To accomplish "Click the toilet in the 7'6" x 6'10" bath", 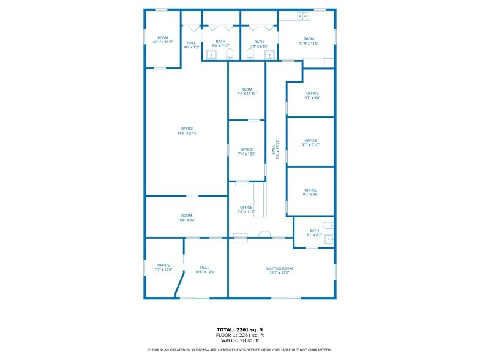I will [x=230, y=55].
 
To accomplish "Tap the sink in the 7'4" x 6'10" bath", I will [x=269, y=55].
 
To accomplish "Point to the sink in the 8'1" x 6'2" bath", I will [x=329, y=239].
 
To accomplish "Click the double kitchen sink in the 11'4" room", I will [x=302, y=15].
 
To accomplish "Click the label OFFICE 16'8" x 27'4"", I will [x=187, y=130].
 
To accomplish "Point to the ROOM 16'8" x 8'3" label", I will [x=186, y=217].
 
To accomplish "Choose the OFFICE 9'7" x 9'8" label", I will [x=312, y=96].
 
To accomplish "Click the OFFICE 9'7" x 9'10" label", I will [x=310, y=143].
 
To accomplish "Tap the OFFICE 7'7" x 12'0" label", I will [x=163, y=268].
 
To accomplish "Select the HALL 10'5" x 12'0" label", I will [x=204, y=269].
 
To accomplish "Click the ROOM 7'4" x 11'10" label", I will [x=247, y=91].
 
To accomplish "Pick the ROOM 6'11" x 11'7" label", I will [x=163, y=40].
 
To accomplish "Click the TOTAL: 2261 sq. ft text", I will [x=240, y=330].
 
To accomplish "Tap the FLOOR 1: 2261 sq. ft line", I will [x=240, y=336].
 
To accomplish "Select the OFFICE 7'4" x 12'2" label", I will [x=247, y=152].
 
